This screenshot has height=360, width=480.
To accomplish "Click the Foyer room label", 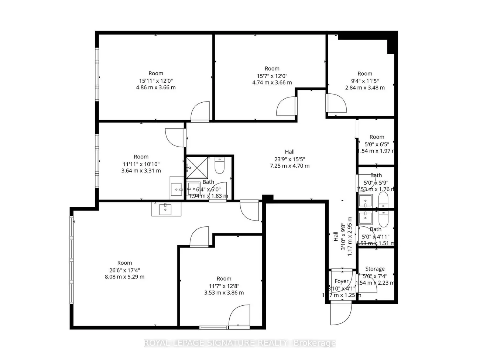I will pos(341,281).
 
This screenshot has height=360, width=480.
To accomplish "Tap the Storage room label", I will pos(375,269).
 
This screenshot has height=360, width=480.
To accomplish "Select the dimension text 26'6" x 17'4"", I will pos(124,270).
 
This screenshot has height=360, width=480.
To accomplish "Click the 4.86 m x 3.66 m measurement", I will pos(156,88).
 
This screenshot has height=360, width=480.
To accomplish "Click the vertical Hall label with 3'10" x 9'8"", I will pos(336,236).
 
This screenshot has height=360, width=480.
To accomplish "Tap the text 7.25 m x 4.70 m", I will pos(289,166).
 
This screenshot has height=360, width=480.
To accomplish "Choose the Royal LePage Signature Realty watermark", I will pos(240,343).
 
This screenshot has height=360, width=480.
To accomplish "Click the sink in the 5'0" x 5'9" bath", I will pos(366,201).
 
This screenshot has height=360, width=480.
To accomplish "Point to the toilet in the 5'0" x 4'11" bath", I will pos(383,219).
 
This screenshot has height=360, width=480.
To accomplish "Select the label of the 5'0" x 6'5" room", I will pos(377,137).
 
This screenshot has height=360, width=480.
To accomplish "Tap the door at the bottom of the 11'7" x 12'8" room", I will pos(239,316).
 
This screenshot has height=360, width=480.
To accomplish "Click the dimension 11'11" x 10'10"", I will pos(141,164).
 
